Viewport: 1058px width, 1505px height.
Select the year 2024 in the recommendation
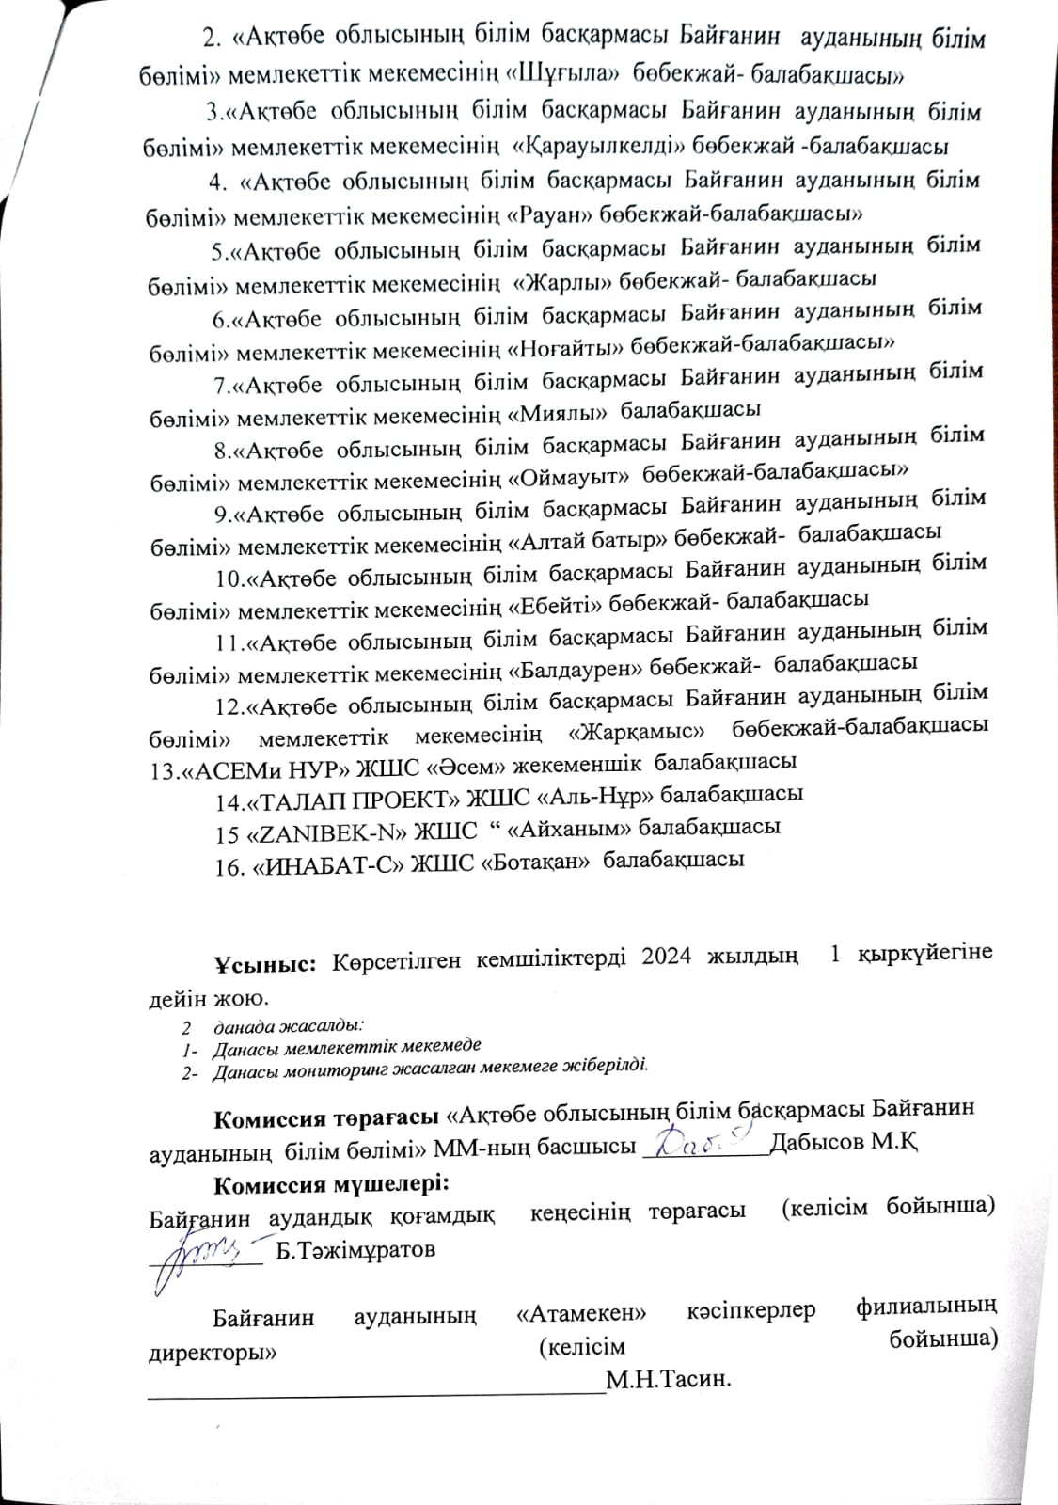tap(667, 957)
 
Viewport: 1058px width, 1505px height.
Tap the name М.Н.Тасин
tap(669, 1381)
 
